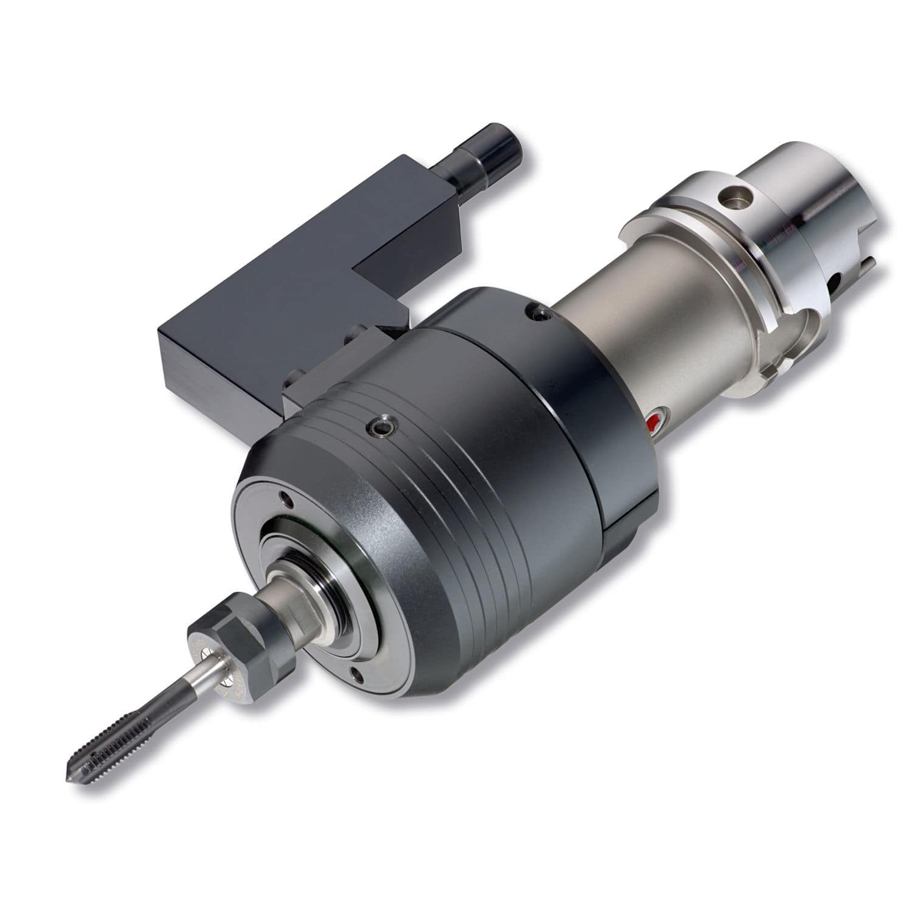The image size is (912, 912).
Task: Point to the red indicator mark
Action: click(x=654, y=423)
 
